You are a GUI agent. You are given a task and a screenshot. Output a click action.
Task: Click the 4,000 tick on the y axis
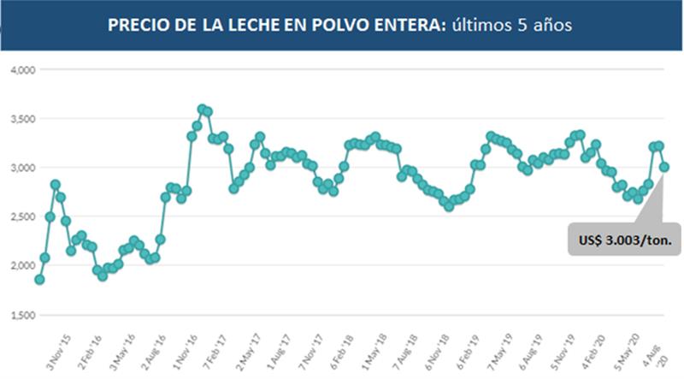(x=18, y=70)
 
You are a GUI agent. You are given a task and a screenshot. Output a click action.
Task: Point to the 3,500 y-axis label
(x=18, y=119)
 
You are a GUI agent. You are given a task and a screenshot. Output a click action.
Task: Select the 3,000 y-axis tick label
(x=18, y=168)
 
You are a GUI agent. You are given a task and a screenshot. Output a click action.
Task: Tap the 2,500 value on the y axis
(x=18, y=217)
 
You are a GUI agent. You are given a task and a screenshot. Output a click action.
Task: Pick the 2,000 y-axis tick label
(x=18, y=266)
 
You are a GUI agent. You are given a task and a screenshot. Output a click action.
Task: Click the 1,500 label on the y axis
(x=18, y=316)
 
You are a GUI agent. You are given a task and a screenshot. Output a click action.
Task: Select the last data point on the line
(x=663, y=167)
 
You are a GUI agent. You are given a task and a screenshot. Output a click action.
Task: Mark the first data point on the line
(x=39, y=279)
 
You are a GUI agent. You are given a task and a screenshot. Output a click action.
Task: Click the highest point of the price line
(x=203, y=109)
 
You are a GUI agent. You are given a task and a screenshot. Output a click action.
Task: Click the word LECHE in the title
(x=256, y=25)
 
